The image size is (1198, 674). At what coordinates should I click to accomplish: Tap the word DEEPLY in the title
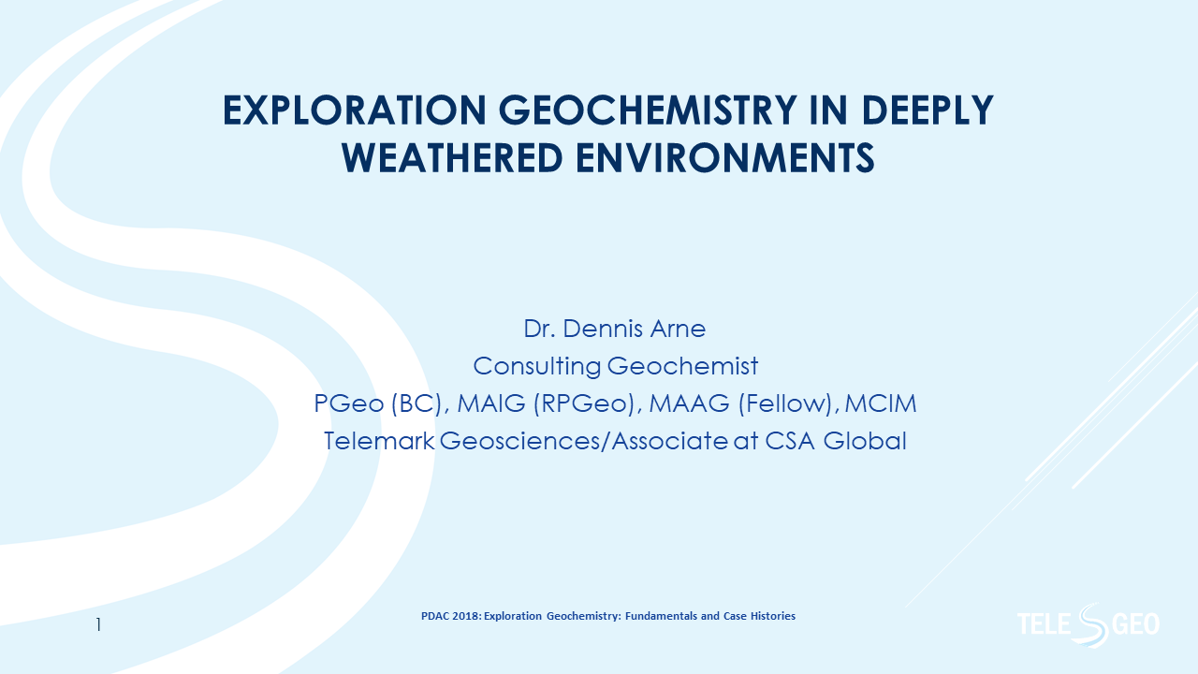click(x=927, y=111)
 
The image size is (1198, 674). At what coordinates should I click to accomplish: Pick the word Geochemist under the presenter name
click(x=682, y=366)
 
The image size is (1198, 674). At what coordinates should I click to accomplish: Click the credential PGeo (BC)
click(x=373, y=403)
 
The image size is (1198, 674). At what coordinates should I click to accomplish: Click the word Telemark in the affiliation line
click(x=378, y=440)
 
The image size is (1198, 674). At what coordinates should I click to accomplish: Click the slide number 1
click(x=98, y=624)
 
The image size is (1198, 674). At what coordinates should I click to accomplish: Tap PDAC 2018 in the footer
click(x=448, y=616)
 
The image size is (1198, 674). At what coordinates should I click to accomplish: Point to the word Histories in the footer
click(x=773, y=616)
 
